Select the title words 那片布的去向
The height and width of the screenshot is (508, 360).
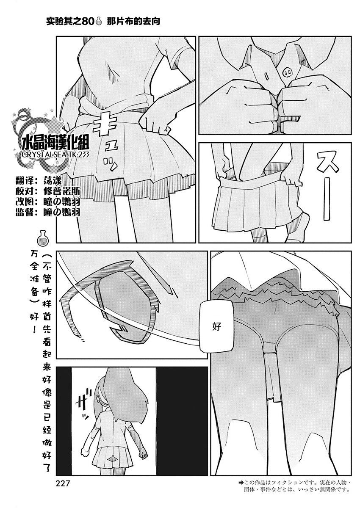pos(133,21)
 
